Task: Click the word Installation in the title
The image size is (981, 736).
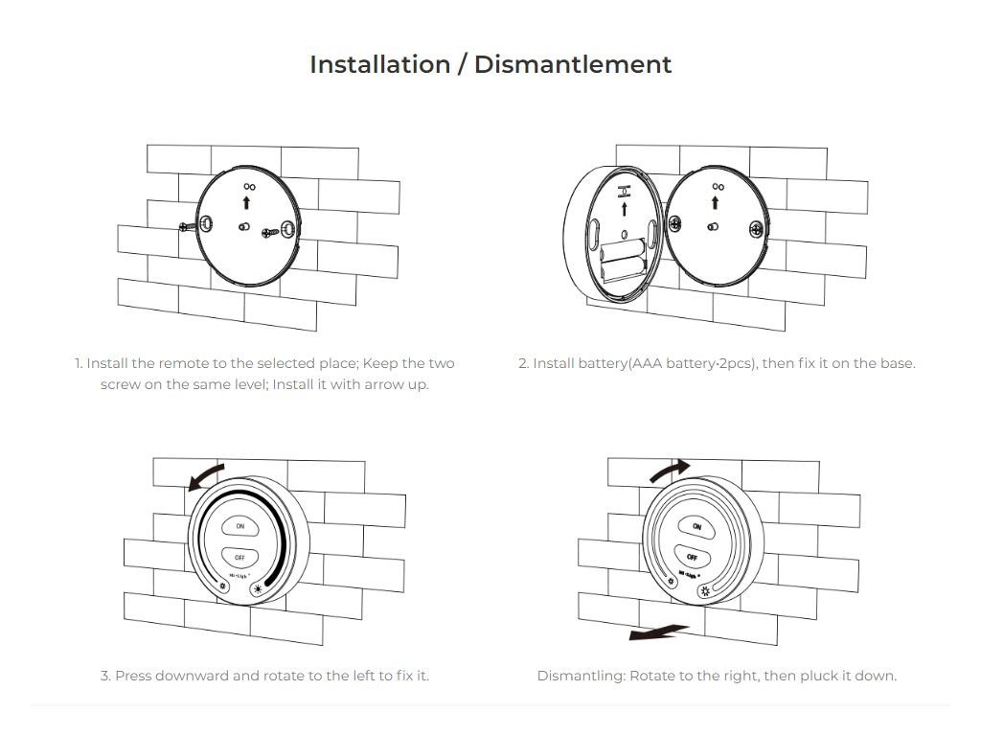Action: [379, 64]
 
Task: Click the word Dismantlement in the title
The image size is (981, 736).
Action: [573, 64]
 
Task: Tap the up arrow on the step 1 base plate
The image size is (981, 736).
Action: [246, 202]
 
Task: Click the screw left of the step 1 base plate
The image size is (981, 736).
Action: [187, 226]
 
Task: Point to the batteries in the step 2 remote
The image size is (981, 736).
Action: [623, 261]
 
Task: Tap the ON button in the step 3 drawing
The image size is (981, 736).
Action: [240, 526]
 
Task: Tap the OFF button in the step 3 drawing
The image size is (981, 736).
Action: [240, 557]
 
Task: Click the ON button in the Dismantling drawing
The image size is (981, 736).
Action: [696, 526]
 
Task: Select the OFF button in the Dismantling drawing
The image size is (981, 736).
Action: [692, 557]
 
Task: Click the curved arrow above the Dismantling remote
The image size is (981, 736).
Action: [671, 470]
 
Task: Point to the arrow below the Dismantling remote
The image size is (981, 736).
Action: [658, 632]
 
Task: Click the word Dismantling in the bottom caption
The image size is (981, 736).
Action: [581, 676]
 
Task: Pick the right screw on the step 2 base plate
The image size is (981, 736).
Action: [757, 230]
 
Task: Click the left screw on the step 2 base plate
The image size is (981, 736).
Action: [675, 223]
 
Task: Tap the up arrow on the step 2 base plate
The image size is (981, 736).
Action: [715, 202]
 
